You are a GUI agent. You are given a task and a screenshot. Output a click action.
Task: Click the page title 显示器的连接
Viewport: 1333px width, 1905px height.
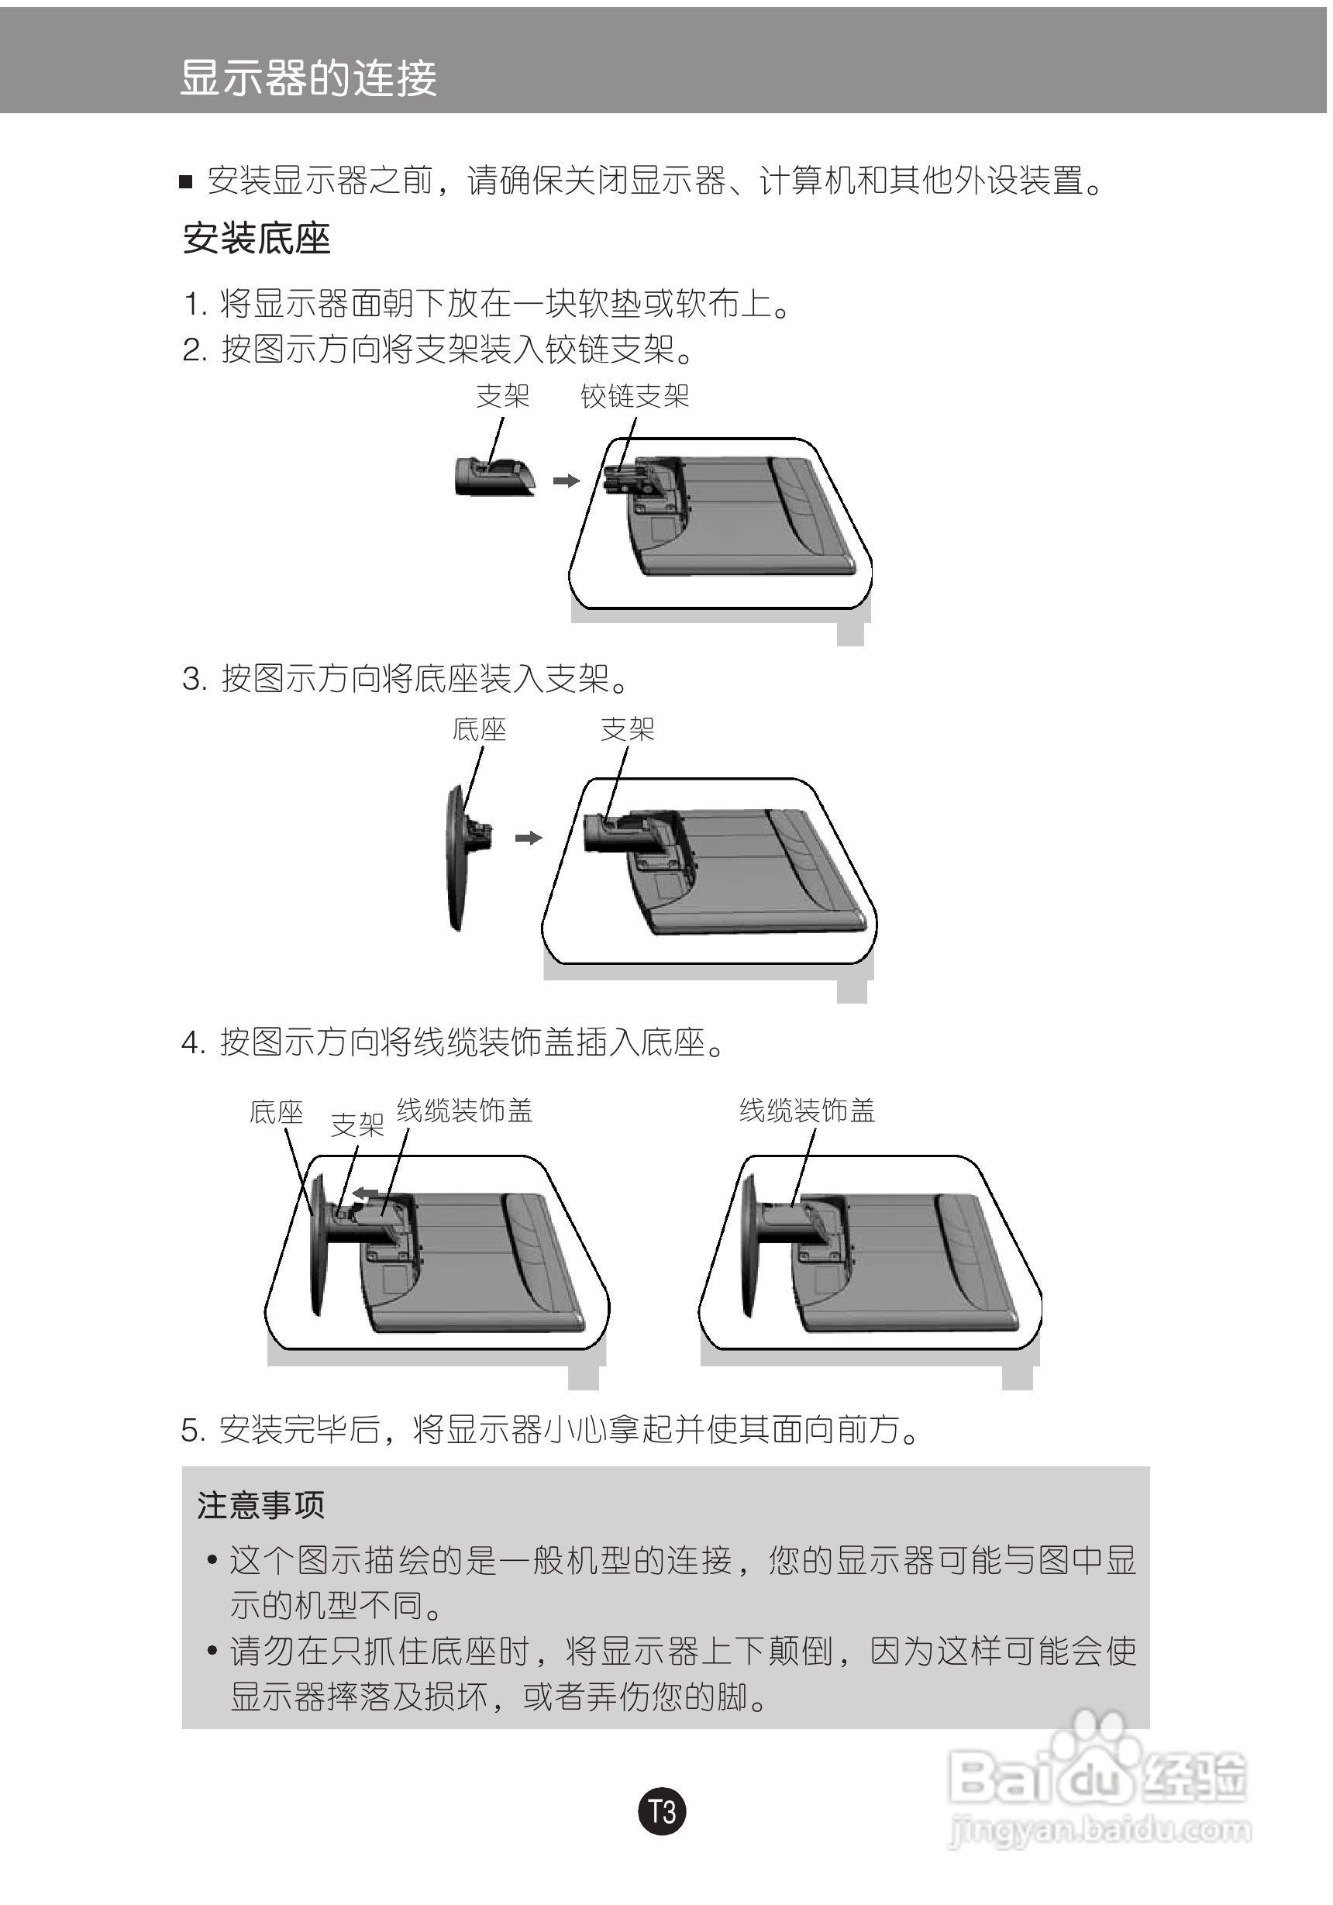(308, 79)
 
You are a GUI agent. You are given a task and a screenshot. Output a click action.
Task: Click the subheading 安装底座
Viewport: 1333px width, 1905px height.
(257, 239)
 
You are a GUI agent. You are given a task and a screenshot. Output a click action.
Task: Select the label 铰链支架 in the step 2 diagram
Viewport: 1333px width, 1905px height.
(635, 397)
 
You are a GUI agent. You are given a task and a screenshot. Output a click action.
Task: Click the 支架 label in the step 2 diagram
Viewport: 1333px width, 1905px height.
(503, 397)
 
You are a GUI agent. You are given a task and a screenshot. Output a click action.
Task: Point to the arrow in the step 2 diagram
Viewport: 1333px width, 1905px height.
(566, 481)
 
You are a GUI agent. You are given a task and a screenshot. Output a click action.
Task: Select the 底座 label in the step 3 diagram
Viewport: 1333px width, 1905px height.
(479, 730)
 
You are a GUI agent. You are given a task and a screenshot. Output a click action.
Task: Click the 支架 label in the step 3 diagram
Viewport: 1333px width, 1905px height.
(627, 730)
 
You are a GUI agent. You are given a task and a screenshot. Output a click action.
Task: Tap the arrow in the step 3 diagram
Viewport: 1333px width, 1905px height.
(529, 838)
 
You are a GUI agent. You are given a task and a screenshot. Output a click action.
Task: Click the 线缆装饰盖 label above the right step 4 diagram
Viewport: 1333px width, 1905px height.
(807, 1110)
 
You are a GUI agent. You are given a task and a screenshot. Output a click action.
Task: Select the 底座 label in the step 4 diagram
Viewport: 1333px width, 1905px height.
(276, 1113)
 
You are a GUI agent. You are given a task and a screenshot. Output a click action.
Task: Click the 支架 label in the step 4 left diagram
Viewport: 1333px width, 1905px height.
(356, 1125)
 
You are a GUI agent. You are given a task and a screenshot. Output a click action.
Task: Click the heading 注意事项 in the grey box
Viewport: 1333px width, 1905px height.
(260, 1505)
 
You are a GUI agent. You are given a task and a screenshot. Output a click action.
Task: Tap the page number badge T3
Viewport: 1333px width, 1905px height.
(662, 1811)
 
